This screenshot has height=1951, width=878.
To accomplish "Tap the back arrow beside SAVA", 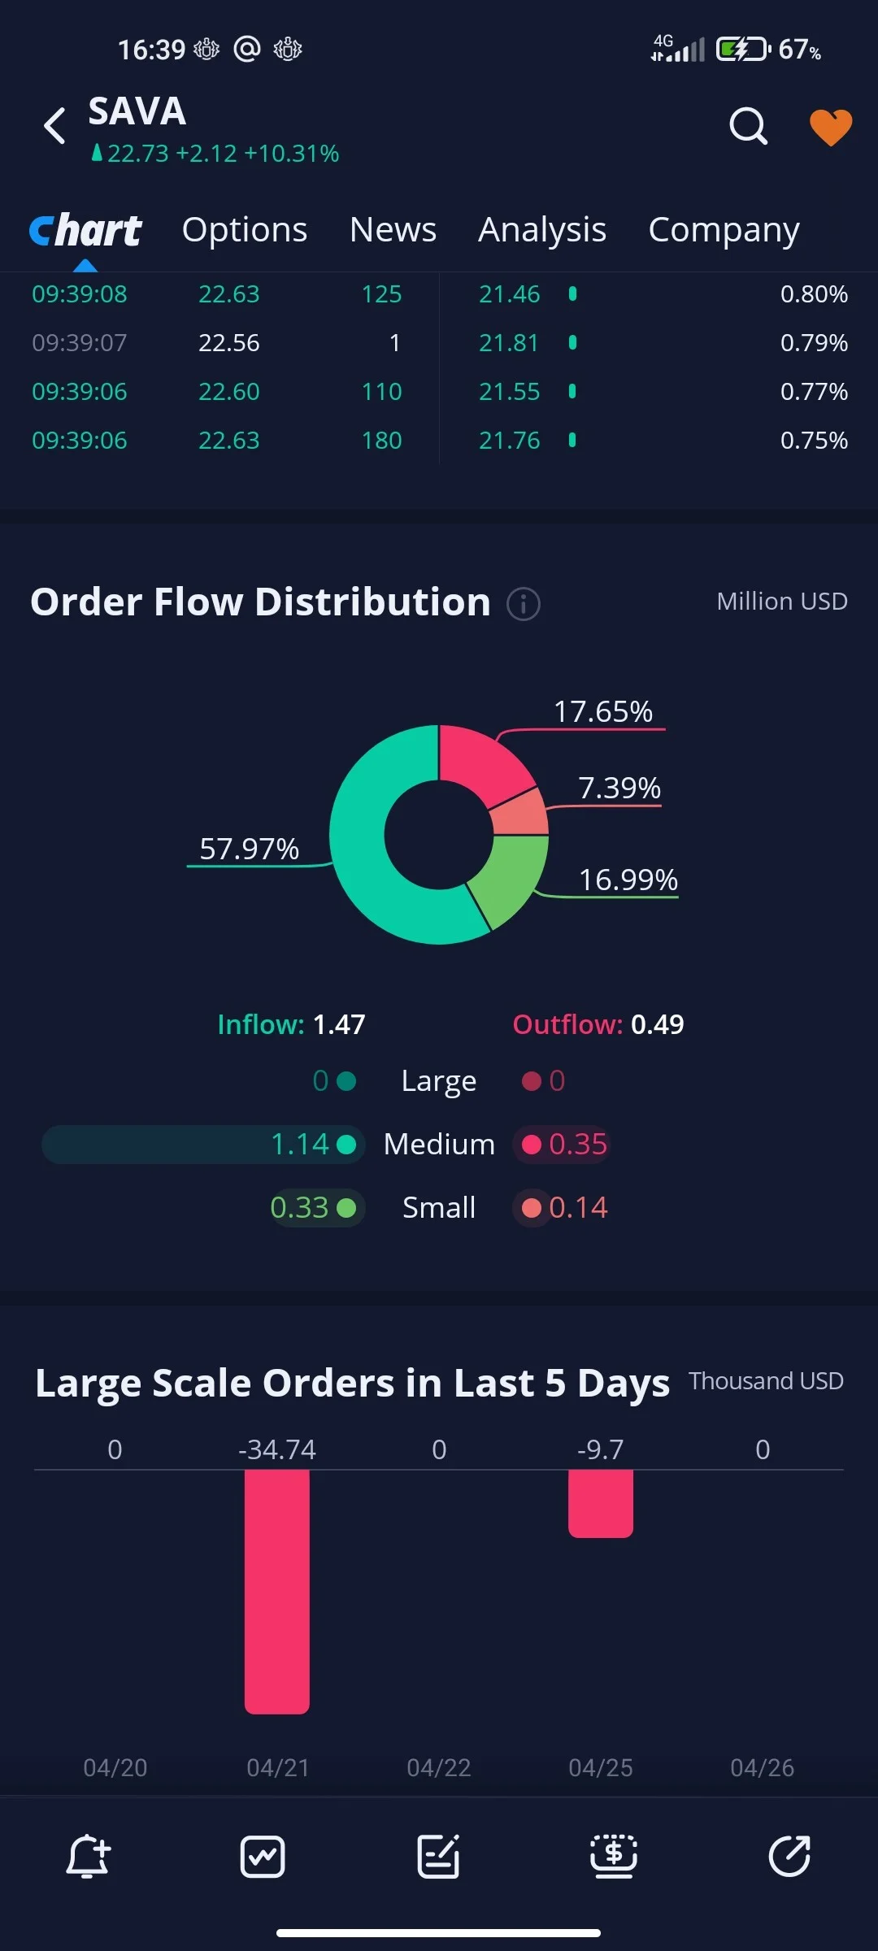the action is [54, 126].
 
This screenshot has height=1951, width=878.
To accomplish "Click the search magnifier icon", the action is [748, 126].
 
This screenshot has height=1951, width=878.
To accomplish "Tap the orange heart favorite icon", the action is [831, 127].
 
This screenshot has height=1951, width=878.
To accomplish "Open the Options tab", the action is [245, 230].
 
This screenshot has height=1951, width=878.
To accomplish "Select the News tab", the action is [393, 230].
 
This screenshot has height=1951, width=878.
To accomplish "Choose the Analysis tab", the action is [542, 230].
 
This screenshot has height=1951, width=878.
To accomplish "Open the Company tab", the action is [724, 230].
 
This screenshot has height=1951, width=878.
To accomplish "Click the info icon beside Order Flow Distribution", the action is [524, 604].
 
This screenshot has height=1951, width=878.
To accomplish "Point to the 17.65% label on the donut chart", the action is [603, 711].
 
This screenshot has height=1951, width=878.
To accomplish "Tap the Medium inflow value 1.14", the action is [299, 1144].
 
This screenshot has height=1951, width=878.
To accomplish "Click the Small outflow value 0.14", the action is [578, 1207].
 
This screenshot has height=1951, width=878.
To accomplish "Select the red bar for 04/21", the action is [277, 1591].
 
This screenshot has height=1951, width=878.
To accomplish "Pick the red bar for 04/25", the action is [601, 1504].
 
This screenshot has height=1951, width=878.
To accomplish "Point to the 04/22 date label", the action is [439, 1767].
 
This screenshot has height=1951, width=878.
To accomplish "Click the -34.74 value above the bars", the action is [277, 1449].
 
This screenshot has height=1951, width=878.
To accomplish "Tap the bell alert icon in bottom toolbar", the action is [88, 1857].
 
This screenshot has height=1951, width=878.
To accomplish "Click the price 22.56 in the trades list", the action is [229, 343].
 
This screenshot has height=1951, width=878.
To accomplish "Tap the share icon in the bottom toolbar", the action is [789, 1856].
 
